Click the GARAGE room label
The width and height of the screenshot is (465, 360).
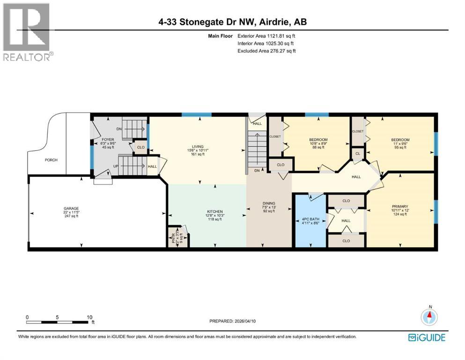click(72, 208)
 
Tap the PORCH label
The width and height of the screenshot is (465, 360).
click(51, 160)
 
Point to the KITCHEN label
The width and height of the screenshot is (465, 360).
click(215, 211)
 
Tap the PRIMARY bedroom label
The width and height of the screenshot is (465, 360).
click(400, 206)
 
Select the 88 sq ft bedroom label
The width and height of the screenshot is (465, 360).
click(318, 140)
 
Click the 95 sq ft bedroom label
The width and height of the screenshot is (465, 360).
click(400, 140)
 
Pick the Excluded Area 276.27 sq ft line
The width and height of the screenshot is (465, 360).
click(266, 51)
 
